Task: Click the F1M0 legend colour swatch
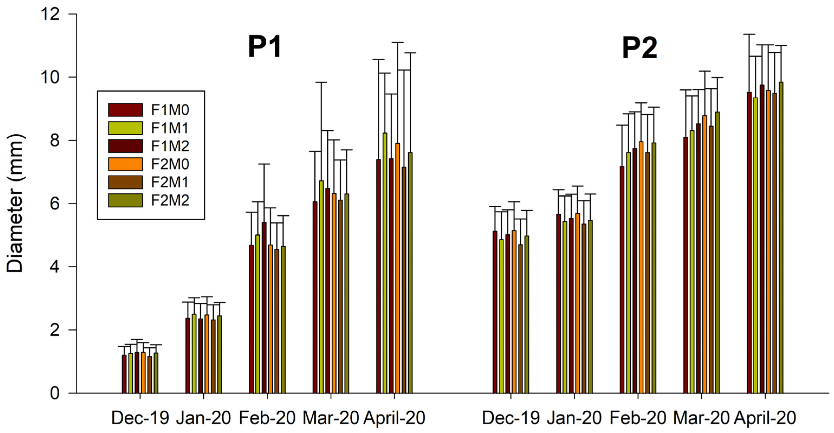(125, 110)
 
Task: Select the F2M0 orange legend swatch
(125, 164)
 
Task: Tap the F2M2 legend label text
(170, 201)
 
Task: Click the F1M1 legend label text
(170, 128)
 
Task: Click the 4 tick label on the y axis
(55, 267)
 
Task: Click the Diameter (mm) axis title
(15, 203)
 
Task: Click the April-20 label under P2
(765, 418)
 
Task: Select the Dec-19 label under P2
(511, 418)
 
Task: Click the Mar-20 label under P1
(331, 418)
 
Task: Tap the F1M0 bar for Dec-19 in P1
(124, 374)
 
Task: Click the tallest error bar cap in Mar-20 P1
(321, 83)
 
